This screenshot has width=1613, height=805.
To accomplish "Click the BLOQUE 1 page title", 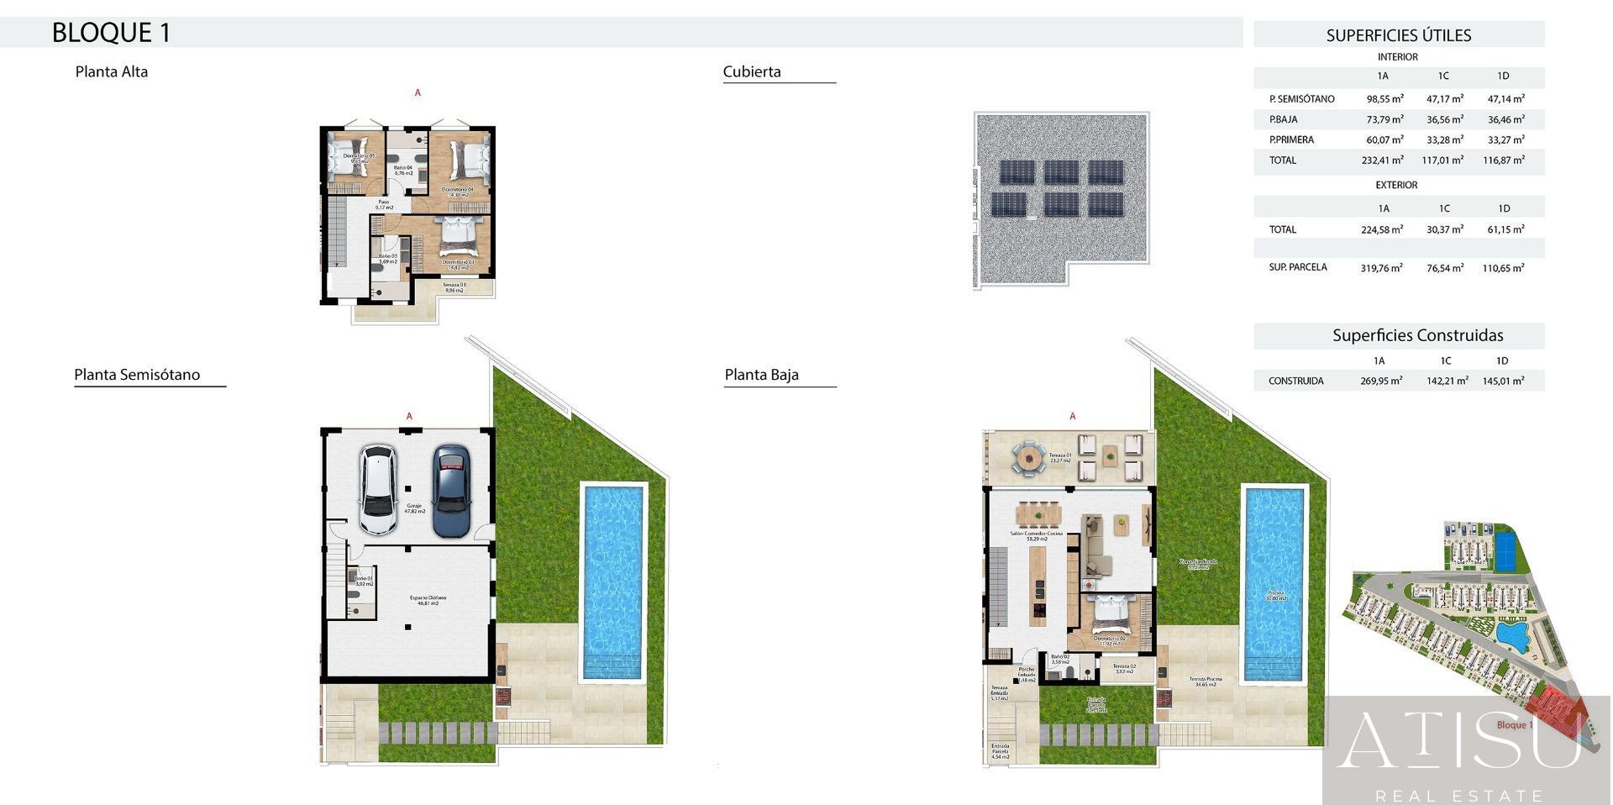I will [111, 33].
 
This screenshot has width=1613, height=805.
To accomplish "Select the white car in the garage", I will [378, 490].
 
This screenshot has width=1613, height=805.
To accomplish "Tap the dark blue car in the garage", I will [451, 490].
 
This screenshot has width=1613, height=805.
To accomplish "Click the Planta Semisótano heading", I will [137, 375].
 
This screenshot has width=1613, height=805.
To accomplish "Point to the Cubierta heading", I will [752, 71].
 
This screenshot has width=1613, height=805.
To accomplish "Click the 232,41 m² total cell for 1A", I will [1382, 160].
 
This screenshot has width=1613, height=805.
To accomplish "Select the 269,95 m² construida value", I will [1381, 381].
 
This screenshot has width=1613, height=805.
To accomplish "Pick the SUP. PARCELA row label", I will [1298, 267].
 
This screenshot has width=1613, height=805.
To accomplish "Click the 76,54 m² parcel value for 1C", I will [1444, 268].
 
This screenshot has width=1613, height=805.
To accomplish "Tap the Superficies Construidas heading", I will [1417, 335].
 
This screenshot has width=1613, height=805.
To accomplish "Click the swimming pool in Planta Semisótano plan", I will [612, 580].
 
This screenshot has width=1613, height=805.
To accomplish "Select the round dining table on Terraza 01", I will [1027, 458].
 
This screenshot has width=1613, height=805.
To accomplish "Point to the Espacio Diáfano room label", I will [428, 600].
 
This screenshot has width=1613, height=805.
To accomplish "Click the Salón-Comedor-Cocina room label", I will [1036, 535].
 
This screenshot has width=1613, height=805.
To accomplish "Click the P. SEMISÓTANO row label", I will [1301, 99].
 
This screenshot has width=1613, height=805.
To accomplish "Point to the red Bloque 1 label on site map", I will [1514, 725].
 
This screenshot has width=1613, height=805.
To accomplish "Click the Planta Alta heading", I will [112, 71].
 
